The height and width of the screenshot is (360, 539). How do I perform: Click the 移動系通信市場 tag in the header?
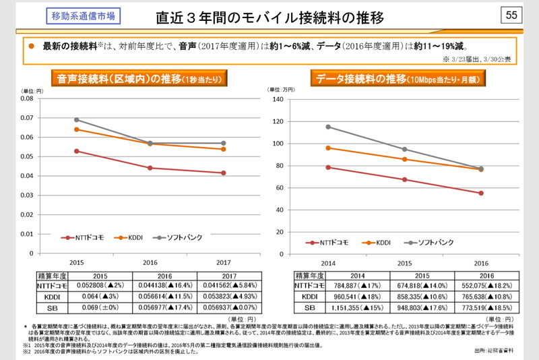click(x=82, y=16)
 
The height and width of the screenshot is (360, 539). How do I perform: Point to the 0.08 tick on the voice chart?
click(x=27, y=98)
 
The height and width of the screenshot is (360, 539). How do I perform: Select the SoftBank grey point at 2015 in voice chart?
click(x=76, y=119)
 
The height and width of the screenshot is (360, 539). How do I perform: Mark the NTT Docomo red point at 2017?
click(x=224, y=173)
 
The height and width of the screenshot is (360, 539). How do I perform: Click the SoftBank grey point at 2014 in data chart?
click(x=328, y=127)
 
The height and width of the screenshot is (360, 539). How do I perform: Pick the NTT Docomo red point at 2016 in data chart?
click(x=481, y=193)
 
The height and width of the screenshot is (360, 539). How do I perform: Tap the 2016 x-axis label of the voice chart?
click(x=150, y=262)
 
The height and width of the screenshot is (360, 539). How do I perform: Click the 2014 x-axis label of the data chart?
click(x=327, y=262)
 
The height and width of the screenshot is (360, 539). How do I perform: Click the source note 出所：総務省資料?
click(x=495, y=351)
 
